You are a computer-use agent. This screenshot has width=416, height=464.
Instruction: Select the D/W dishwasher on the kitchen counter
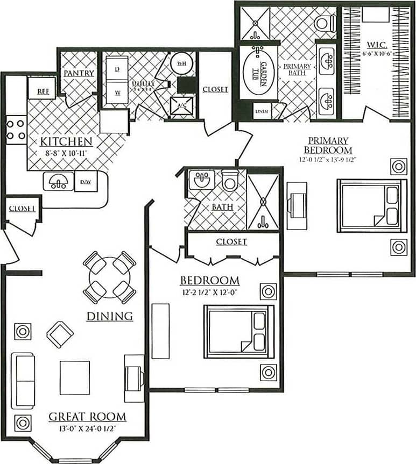coord(85,182)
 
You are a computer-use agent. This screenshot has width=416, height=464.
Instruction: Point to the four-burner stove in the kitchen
coord(16,130)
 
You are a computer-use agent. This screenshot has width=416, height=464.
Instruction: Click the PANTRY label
coord(79,73)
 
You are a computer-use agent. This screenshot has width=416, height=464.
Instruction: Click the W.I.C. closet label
coord(375,44)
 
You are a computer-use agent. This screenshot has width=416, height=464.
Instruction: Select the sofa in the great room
coord(23,374)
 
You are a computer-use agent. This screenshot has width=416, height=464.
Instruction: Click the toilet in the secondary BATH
coord(230,181)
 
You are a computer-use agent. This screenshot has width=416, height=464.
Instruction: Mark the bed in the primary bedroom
coord(372,205)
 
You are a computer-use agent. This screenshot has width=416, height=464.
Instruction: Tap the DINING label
coord(110,316)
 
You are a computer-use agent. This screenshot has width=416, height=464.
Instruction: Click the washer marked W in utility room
coord(117,92)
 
